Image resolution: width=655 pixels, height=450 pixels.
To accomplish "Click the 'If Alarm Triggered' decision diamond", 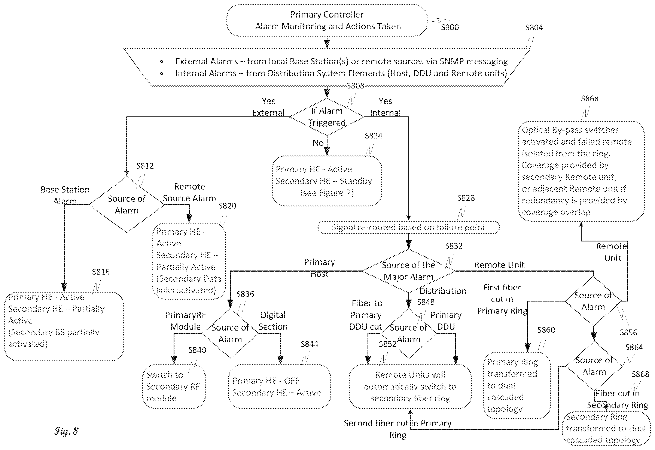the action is (327, 117).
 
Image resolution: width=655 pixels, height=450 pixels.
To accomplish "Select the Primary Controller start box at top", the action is (327, 20).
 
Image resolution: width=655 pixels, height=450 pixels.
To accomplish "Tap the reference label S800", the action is (450, 27).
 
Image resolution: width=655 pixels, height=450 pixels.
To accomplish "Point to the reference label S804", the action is (534, 27).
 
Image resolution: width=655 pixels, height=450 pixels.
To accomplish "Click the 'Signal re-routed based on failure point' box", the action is (408, 227).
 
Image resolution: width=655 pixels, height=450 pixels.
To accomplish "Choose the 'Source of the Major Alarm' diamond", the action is (408, 271).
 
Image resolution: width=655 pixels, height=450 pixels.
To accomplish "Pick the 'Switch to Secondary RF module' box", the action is (174, 386).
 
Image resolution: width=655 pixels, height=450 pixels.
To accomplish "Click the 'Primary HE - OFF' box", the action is (279, 386).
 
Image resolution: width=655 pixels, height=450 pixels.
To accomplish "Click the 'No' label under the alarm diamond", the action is (318, 143).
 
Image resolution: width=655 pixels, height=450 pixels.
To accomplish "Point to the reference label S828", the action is (466, 198).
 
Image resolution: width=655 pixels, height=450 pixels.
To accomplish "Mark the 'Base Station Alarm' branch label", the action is (65, 195).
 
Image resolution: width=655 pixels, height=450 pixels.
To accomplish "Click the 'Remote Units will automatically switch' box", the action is (410, 386).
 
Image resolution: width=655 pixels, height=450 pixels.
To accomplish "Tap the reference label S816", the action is (101, 272).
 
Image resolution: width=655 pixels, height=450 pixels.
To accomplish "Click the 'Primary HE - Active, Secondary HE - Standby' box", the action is (327, 181).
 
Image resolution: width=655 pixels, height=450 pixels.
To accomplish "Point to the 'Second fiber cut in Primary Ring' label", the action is (398, 429).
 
